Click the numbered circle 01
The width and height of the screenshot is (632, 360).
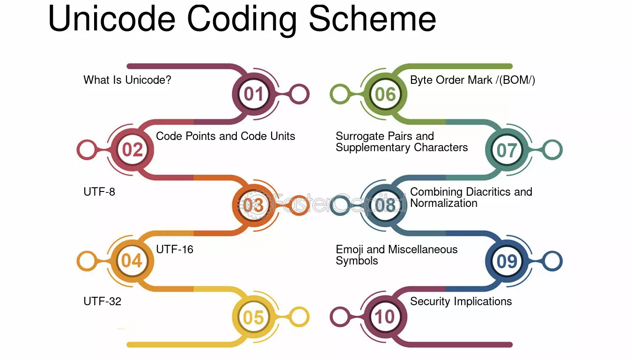[x=253, y=94]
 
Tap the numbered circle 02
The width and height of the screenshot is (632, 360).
[x=132, y=149]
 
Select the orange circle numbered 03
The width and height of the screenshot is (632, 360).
[x=253, y=205]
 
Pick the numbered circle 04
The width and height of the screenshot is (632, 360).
[x=132, y=261]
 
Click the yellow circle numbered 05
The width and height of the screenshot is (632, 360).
[x=253, y=317]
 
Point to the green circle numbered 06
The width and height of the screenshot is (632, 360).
[x=385, y=94]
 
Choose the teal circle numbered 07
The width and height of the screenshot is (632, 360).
[x=507, y=150]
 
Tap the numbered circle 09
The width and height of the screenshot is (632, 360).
[x=507, y=261]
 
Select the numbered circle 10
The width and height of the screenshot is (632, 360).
[x=385, y=316]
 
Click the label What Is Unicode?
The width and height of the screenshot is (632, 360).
[x=127, y=80]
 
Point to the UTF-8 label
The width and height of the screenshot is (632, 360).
[x=99, y=192]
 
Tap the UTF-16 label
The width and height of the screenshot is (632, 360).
[x=175, y=250]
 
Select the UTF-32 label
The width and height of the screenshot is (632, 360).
[x=103, y=301]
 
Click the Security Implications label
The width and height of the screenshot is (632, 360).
[x=461, y=301]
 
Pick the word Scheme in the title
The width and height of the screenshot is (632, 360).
[x=373, y=19]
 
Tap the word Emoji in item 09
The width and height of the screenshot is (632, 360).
[x=349, y=250]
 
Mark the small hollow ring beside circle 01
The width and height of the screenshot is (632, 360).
[x=299, y=94]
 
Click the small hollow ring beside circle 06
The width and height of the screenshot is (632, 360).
[x=340, y=94]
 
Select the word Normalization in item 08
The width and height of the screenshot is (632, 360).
[x=444, y=203]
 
